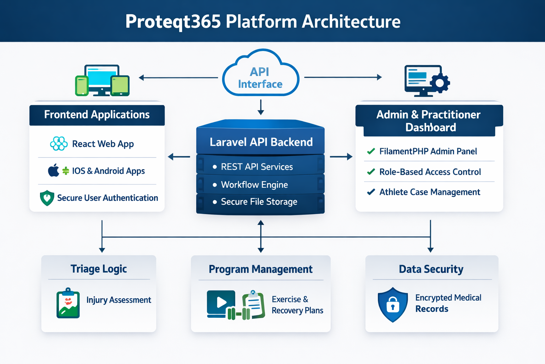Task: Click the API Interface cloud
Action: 260,76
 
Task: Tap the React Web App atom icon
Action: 59,144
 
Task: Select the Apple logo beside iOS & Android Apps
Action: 54,171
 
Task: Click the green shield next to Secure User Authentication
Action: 47,198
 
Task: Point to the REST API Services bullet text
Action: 257,167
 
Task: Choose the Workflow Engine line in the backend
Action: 254,185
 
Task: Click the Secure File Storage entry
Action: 259,202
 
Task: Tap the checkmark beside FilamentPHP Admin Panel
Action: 371,151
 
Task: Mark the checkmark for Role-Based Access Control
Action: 371,172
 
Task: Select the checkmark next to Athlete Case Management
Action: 371,192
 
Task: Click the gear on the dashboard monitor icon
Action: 440,83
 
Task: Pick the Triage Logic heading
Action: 99,269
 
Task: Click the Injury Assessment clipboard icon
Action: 68,303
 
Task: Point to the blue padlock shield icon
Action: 393,305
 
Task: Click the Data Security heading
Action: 431,269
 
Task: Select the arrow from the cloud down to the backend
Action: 261,107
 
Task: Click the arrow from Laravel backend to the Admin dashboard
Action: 341,156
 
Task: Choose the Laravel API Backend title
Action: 261,142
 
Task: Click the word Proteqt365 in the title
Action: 173,21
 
